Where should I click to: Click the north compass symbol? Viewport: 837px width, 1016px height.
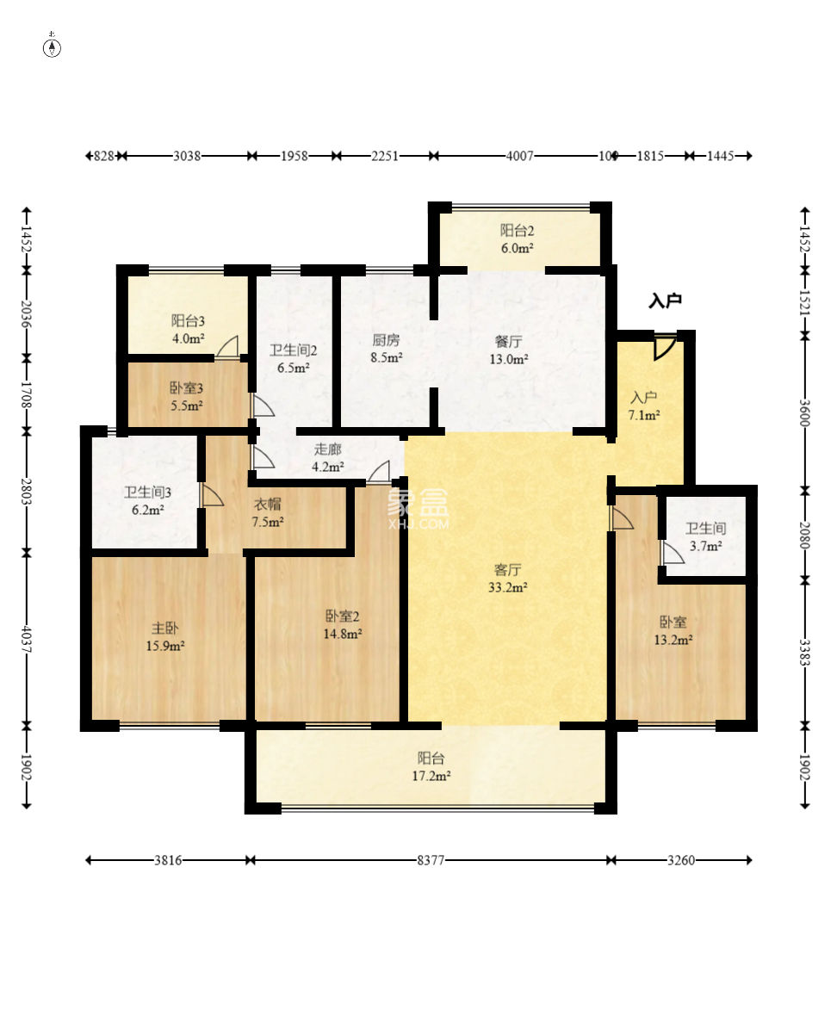[52, 47]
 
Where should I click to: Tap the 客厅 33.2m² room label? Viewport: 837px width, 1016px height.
[507, 579]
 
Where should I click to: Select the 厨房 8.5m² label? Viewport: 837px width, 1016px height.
[386, 349]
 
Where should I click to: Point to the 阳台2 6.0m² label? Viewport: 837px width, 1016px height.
[517, 239]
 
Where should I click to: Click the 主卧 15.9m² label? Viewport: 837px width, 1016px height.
[165, 637]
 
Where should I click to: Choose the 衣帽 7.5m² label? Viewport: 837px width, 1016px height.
[268, 512]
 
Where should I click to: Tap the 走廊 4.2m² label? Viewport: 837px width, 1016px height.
[328, 457]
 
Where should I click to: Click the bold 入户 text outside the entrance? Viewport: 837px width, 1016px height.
[666, 300]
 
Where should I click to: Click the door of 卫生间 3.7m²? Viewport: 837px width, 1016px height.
[673, 552]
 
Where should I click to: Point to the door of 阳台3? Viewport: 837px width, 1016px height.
[227, 347]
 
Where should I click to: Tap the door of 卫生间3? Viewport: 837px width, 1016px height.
[212, 495]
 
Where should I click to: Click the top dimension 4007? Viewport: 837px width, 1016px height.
[520, 156]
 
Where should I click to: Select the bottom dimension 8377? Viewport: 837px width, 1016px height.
[431, 860]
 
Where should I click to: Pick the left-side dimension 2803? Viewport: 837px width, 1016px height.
[27, 491]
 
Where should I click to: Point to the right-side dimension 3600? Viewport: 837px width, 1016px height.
[804, 412]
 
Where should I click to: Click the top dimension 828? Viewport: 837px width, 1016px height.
[103, 156]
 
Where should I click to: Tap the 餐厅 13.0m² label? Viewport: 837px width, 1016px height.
[509, 350]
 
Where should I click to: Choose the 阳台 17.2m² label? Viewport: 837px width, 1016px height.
[431, 766]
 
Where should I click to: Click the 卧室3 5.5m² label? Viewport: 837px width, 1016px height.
[187, 397]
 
